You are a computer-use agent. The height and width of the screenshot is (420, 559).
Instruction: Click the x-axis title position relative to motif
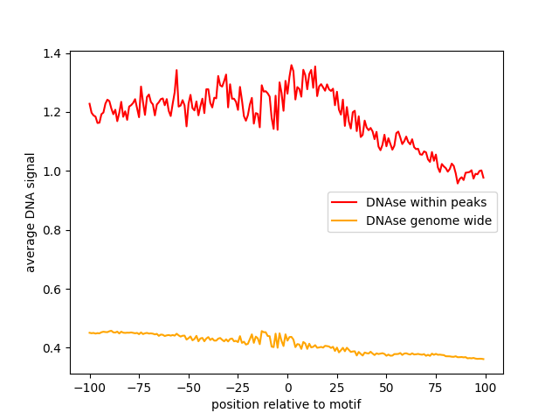click(286, 404)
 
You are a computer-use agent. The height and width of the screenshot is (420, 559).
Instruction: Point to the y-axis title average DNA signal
click(31, 213)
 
